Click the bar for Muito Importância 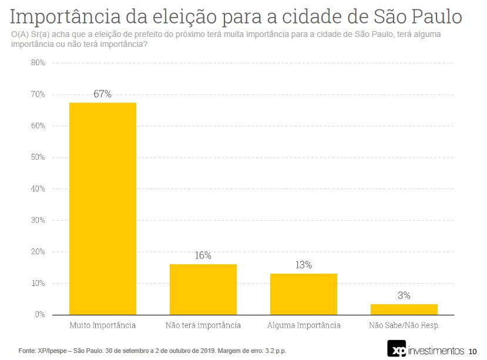coord(103,208)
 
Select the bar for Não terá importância coord(203,289)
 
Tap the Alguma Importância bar coord(304,294)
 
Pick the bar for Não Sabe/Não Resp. coord(404,309)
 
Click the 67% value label coord(102,94)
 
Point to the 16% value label coord(203,255)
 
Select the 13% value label coord(303,265)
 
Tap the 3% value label coord(404,295)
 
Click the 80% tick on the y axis coord(38,63)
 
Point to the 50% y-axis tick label coord(38,157)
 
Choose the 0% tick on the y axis coord(39,315)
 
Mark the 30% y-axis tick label coord(38,220)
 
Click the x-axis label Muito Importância coord(103,325)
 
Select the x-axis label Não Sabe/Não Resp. coord(404,325)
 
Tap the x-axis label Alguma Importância coord(304,325)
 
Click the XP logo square coord(397,348)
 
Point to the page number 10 coord(473,352)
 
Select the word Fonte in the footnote coord(27,351)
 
